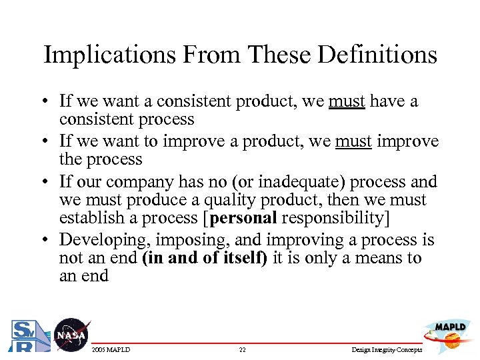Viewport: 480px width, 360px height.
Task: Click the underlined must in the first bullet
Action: [347, 101]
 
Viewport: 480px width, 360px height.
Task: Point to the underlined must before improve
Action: [353, 142]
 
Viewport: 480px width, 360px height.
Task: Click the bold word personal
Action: [243, 218]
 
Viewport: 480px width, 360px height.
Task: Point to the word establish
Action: [91, 218]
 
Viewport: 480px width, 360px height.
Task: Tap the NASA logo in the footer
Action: [70, 334]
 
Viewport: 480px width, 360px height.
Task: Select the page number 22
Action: [243, 349]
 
